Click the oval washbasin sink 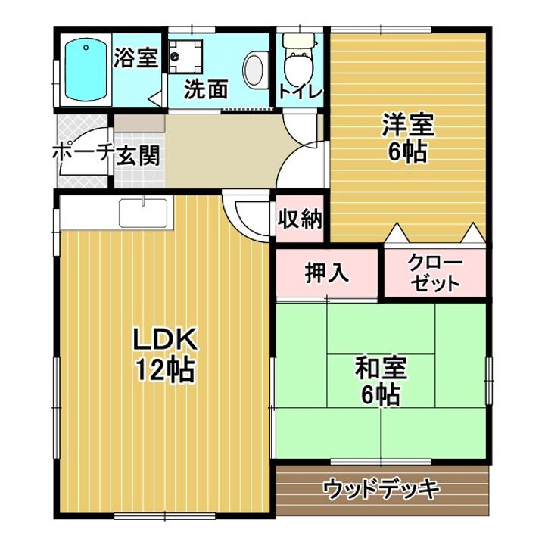[x=254, y=70]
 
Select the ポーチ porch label [x=82, y=153]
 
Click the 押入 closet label [x=327, y=272]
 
